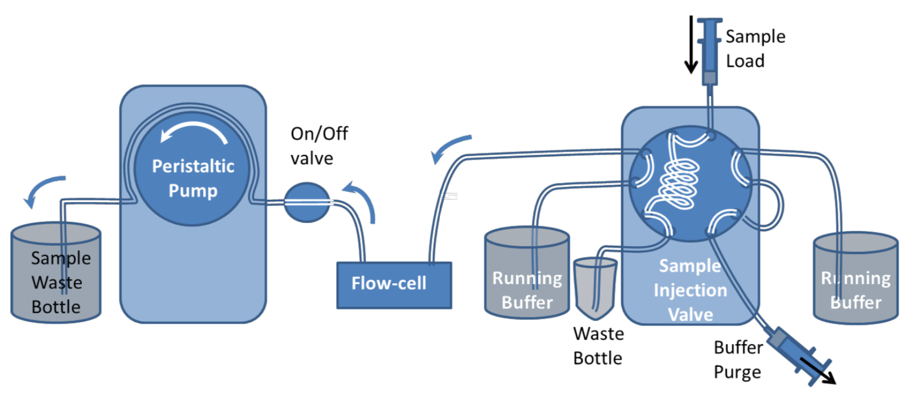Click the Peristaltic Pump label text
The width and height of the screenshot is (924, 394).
click(193, 178)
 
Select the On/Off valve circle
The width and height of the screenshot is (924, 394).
click(306, 202)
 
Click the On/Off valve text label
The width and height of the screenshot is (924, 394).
click(319, 145)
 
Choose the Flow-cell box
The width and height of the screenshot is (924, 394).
click(394, 285)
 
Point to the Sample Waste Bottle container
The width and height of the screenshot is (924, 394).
click(56, 272)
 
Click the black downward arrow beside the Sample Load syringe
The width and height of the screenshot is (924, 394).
click(690, 45)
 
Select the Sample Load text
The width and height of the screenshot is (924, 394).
click(755, 49)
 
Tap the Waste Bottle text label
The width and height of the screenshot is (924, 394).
click(598, 346)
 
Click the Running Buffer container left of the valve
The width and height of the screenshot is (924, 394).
click(527, 275)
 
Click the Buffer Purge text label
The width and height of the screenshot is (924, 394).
click(737, 359)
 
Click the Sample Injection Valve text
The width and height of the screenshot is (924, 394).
click(690, 290)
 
